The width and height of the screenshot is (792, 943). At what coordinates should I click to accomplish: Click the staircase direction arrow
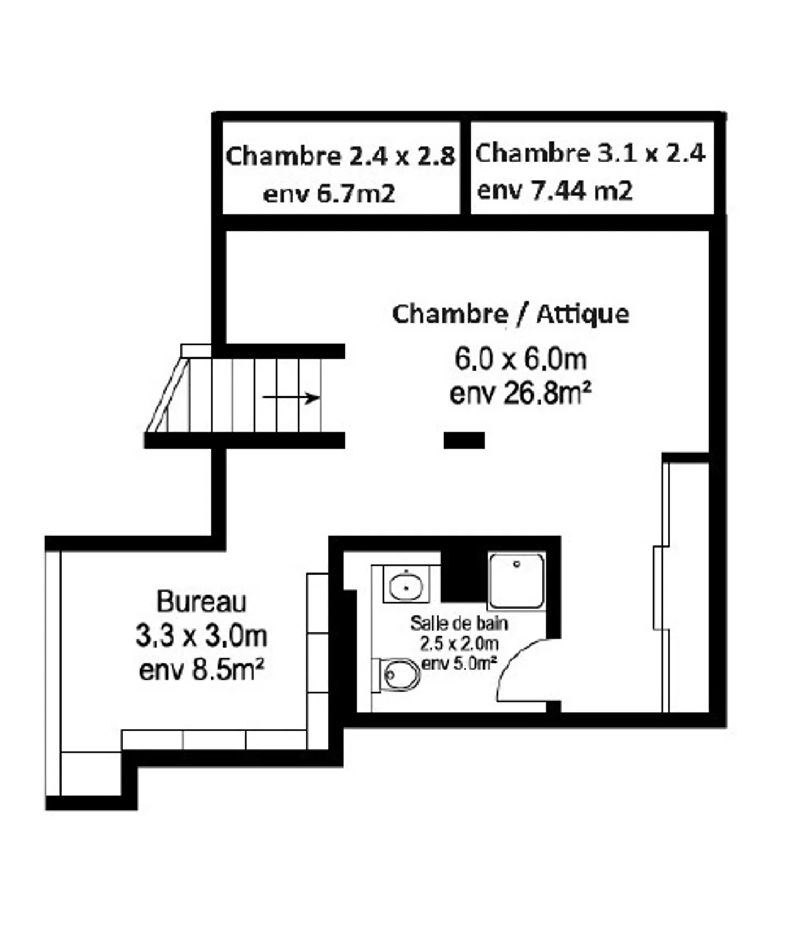pyautogui.click(x=291, y=397)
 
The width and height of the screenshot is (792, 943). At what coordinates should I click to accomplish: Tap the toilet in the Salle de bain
pyautogui.click(x=400, y=674)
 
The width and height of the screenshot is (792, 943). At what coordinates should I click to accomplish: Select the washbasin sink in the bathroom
pyautogui.click(x=406, y=585)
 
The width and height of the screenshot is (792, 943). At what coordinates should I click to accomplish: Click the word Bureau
pyautogui.click(x=201, y=602)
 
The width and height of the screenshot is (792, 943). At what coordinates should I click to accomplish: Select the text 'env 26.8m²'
pyautogui.click(x=520, y=394)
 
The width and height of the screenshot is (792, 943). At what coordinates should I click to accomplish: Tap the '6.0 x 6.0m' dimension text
pyautogui.click(x=520, y=359)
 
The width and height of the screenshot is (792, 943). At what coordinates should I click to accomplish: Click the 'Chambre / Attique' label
pyautogui.click(x=510, y=314)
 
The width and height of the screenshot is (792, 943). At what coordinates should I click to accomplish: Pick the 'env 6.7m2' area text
pyautogui.click(x=329, y=194)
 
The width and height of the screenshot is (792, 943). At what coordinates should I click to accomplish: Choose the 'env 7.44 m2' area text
pyautogui.click(x=555, y=191)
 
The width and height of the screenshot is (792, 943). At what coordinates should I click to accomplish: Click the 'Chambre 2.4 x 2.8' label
pyautogui.click(x=340, y=156)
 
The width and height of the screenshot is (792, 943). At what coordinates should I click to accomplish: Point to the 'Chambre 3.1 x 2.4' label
pyautogui.click(x=590, y=153)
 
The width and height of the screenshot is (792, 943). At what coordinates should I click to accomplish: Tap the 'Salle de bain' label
pyautogui.click(x=459, y=623)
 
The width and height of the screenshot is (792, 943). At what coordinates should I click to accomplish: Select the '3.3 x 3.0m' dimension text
pyautogui.click(x=201, y=636)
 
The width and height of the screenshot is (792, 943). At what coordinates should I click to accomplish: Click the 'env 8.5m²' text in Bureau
pyautogui.click(x=201, y=670)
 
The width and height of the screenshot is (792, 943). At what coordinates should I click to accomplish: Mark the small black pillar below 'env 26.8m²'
pyautogui.click(x=464, y=440)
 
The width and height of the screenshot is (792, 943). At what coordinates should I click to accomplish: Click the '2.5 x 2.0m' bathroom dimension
pyautogui.click(x=459, y=643)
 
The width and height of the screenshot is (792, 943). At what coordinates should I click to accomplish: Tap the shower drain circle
pyautogui.click(x=516, y=564)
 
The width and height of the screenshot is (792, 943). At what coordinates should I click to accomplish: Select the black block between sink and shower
pyautogui.click(x=463, y=575)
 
